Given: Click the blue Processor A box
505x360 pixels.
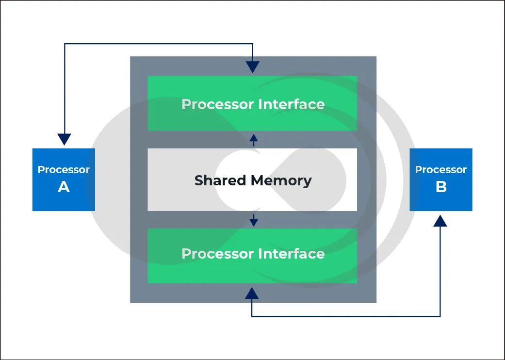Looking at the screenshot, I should (64, 180).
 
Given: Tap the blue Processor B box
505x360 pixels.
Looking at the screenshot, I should (440, 180).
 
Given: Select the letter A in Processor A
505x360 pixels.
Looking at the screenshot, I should (64, 187).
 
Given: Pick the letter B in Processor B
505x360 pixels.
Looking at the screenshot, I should (441, 187).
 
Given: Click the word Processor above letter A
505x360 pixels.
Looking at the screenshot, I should (64, 170).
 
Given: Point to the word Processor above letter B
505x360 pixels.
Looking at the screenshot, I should (441, 170).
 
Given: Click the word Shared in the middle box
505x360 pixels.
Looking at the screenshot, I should (221, 180).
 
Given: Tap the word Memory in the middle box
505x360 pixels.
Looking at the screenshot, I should (281, 180).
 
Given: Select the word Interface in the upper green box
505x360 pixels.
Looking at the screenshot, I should (292, 104).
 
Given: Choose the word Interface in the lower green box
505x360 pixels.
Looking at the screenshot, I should (292, 254).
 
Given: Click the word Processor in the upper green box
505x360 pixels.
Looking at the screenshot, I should (218, 104).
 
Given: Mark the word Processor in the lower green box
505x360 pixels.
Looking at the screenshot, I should (218, 254).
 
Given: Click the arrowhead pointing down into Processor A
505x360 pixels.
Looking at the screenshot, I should (64, 139).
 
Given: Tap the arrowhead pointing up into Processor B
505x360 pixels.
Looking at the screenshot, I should (440, 221).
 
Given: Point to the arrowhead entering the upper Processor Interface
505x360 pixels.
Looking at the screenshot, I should (252, 67).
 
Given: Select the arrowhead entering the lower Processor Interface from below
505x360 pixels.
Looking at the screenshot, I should (252, 293).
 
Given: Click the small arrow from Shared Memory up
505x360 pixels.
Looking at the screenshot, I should (253, 140).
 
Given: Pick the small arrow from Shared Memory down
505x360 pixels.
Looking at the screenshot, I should (253, 220).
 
